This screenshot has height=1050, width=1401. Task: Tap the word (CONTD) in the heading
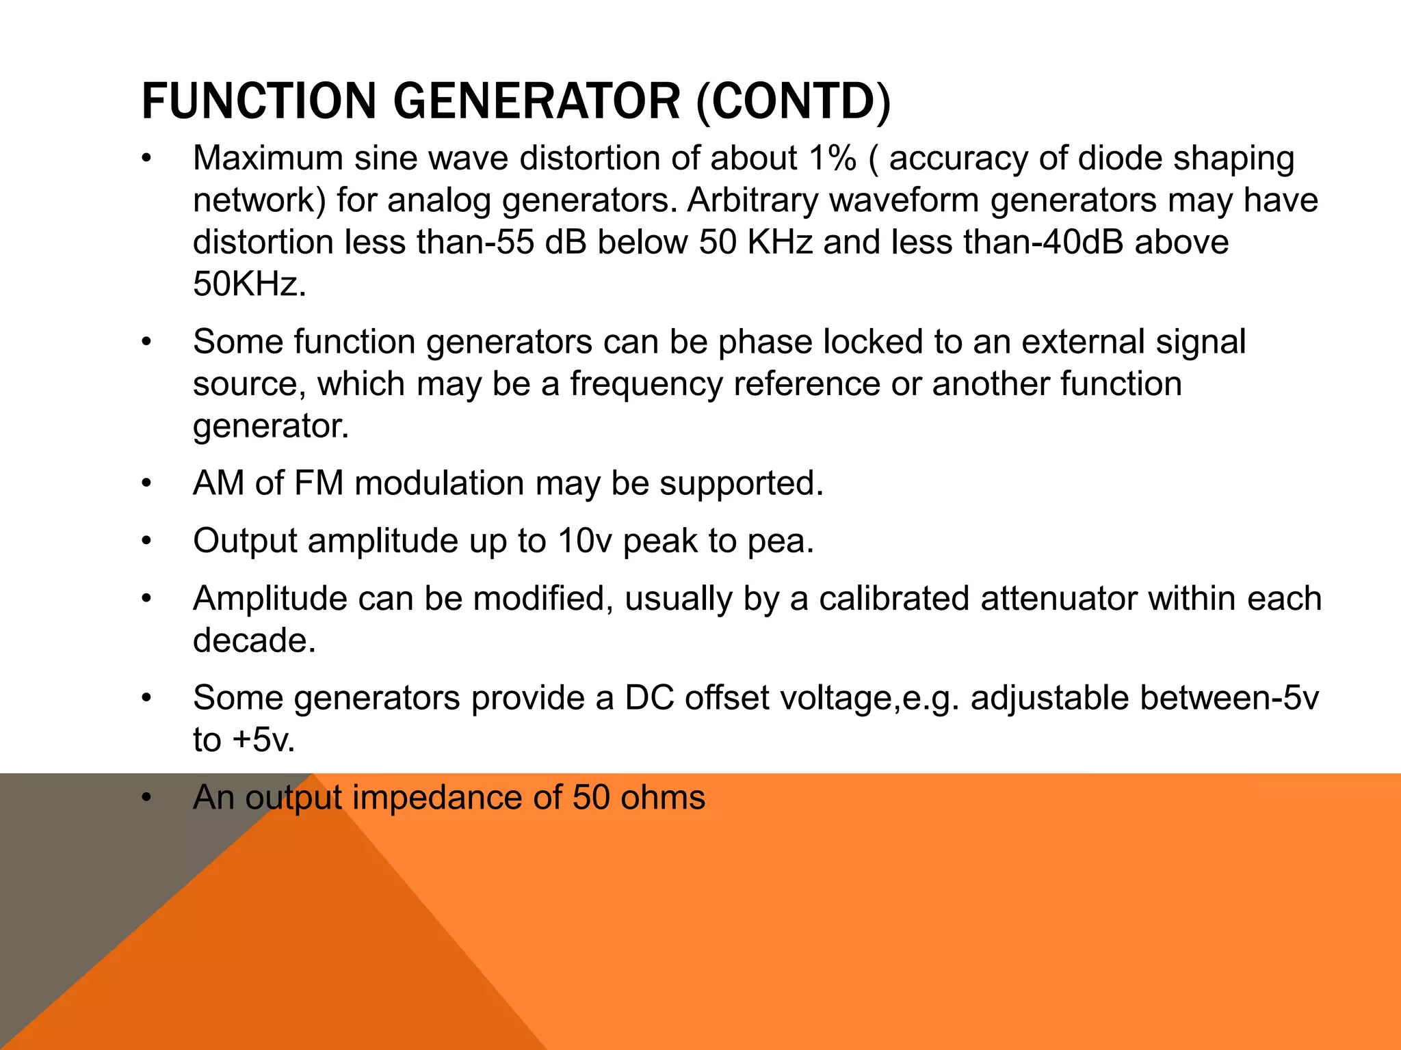pyautogui.click(x=794, y=101)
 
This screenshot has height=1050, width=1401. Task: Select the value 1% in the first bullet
pyautogui.click(x=832, y=158)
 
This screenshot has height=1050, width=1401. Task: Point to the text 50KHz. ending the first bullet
pyautogui.click(x=250, y=284)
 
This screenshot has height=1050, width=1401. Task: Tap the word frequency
pyautogui.click(x=646, y=383)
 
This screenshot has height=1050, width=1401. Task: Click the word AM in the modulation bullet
pyautogui.click(x=218, y=483)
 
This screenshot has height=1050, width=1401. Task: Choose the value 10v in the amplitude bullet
pyautogui.click(x=585, y=541)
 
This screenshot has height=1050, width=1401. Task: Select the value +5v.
pyautogui.click(x=263, y=740)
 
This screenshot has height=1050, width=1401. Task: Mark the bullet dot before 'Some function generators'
pyautogui.click(x=146, y=342)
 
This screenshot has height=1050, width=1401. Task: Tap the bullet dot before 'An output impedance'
pyautogui.click(x=146, y=798)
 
